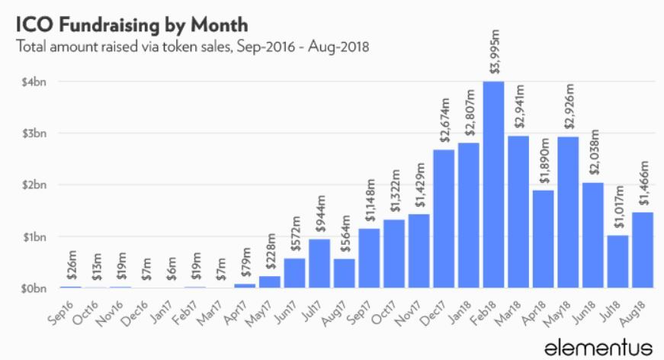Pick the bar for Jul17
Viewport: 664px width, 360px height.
321,263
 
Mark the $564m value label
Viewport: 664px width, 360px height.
346,237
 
